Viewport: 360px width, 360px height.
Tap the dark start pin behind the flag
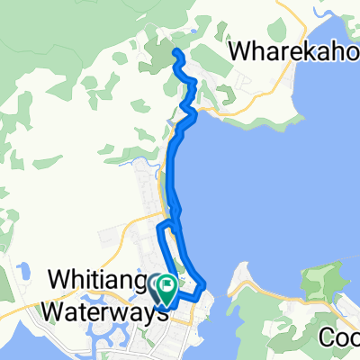pos(157,286)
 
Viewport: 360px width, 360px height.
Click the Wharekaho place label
pos(293,52)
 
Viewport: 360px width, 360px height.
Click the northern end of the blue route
pos(175,52)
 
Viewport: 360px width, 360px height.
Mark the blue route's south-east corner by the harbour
pos(203,287)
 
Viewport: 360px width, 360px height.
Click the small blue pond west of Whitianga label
pos(20,267)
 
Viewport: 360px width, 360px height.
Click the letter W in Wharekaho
pos(239,52)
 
